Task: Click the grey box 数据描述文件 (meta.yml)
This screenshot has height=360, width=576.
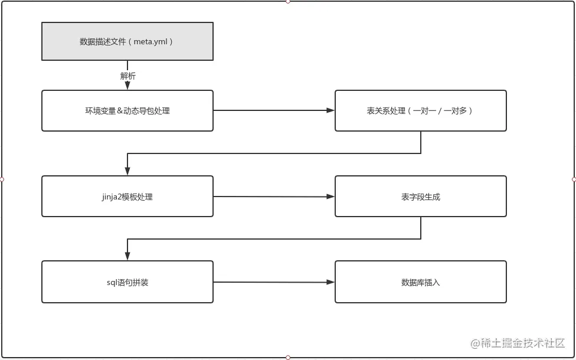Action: coord(127,41)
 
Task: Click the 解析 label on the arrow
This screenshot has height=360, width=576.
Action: coord(127,76)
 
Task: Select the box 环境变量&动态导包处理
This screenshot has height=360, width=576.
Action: coord(127,110)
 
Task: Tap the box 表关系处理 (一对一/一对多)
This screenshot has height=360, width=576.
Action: coord(420,110)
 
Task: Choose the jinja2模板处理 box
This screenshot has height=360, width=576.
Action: coord(127,196)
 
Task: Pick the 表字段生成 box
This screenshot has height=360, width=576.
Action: coord(420,196)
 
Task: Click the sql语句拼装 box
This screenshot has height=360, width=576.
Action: coord(127,282)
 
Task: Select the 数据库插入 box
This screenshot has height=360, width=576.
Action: coord(420,282)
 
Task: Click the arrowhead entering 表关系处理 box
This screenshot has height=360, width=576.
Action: coord(330,110)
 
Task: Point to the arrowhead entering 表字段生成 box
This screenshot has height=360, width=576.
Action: coord(330,197)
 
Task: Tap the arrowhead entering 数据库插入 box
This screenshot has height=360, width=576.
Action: coord(330,282)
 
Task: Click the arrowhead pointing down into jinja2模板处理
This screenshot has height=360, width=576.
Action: coord(127,171)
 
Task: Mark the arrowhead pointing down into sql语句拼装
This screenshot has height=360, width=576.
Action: coord(127,256)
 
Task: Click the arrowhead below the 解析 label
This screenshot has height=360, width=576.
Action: coord(127,86)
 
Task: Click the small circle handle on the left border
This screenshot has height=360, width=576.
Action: coord(2,179)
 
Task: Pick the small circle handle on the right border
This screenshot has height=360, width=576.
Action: coord(574,179)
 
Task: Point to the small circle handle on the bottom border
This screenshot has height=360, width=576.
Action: coord(288,358)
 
